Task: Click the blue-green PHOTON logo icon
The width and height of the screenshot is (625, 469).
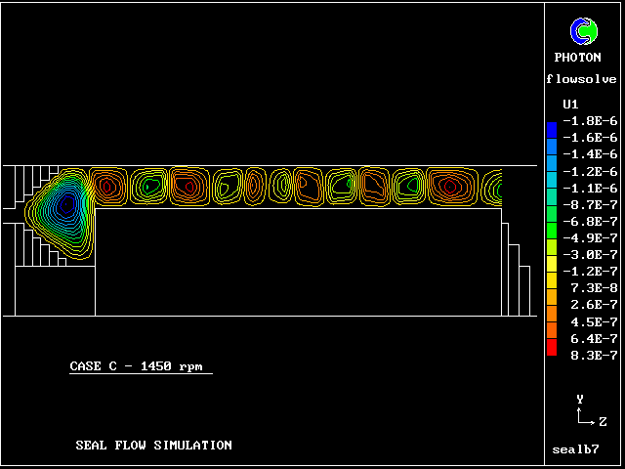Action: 584,31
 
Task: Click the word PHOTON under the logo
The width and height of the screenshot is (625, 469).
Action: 577,58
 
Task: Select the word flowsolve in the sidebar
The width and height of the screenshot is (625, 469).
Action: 582,79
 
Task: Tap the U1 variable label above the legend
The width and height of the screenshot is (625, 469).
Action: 570,105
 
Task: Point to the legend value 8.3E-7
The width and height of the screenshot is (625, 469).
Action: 594,356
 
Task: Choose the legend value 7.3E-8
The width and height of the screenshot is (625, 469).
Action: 594,288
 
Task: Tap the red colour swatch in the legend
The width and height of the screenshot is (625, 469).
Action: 552,347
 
